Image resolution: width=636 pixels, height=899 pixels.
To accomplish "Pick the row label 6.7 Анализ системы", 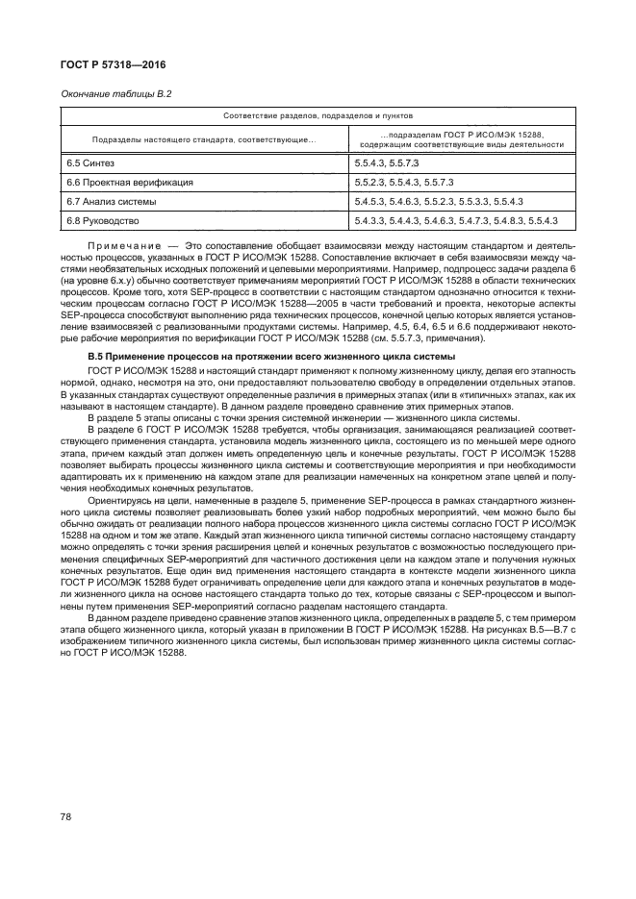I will [x=111, y=202].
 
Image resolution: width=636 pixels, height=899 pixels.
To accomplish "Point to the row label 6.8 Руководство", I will [x=103, y=221].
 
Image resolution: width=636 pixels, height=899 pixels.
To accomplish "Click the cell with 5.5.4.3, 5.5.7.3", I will [x=388, y=163].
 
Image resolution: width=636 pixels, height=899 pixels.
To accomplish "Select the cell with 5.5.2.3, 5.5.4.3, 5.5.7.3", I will [x=404, y=182].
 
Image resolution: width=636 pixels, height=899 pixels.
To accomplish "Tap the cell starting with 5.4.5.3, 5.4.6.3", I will [x=438, y=202].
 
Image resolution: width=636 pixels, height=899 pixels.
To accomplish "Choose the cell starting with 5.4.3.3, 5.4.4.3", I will [x=456, y=221].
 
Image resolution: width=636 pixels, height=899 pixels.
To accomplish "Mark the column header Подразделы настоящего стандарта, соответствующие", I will [x=201, y=139].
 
